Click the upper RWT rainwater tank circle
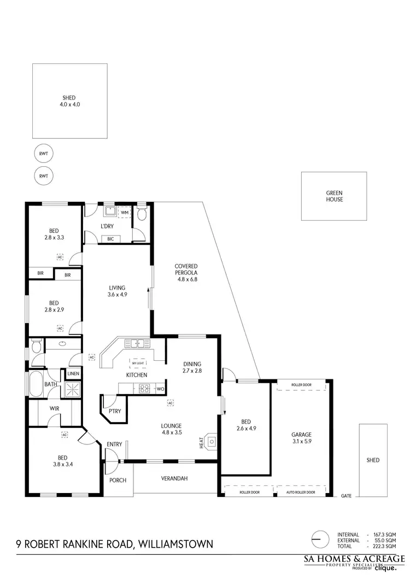[43, 154]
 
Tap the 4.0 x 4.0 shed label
[69, 101]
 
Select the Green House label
[335, 196]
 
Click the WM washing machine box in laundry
[124, 212]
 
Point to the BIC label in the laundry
[110, 239]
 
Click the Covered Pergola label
[186, 273]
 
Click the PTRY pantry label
[115, 411]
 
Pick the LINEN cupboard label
[73, 374]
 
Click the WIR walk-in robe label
[54, 408]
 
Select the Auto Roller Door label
[301, 492]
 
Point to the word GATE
[347, 496]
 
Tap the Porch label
[118, 481]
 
